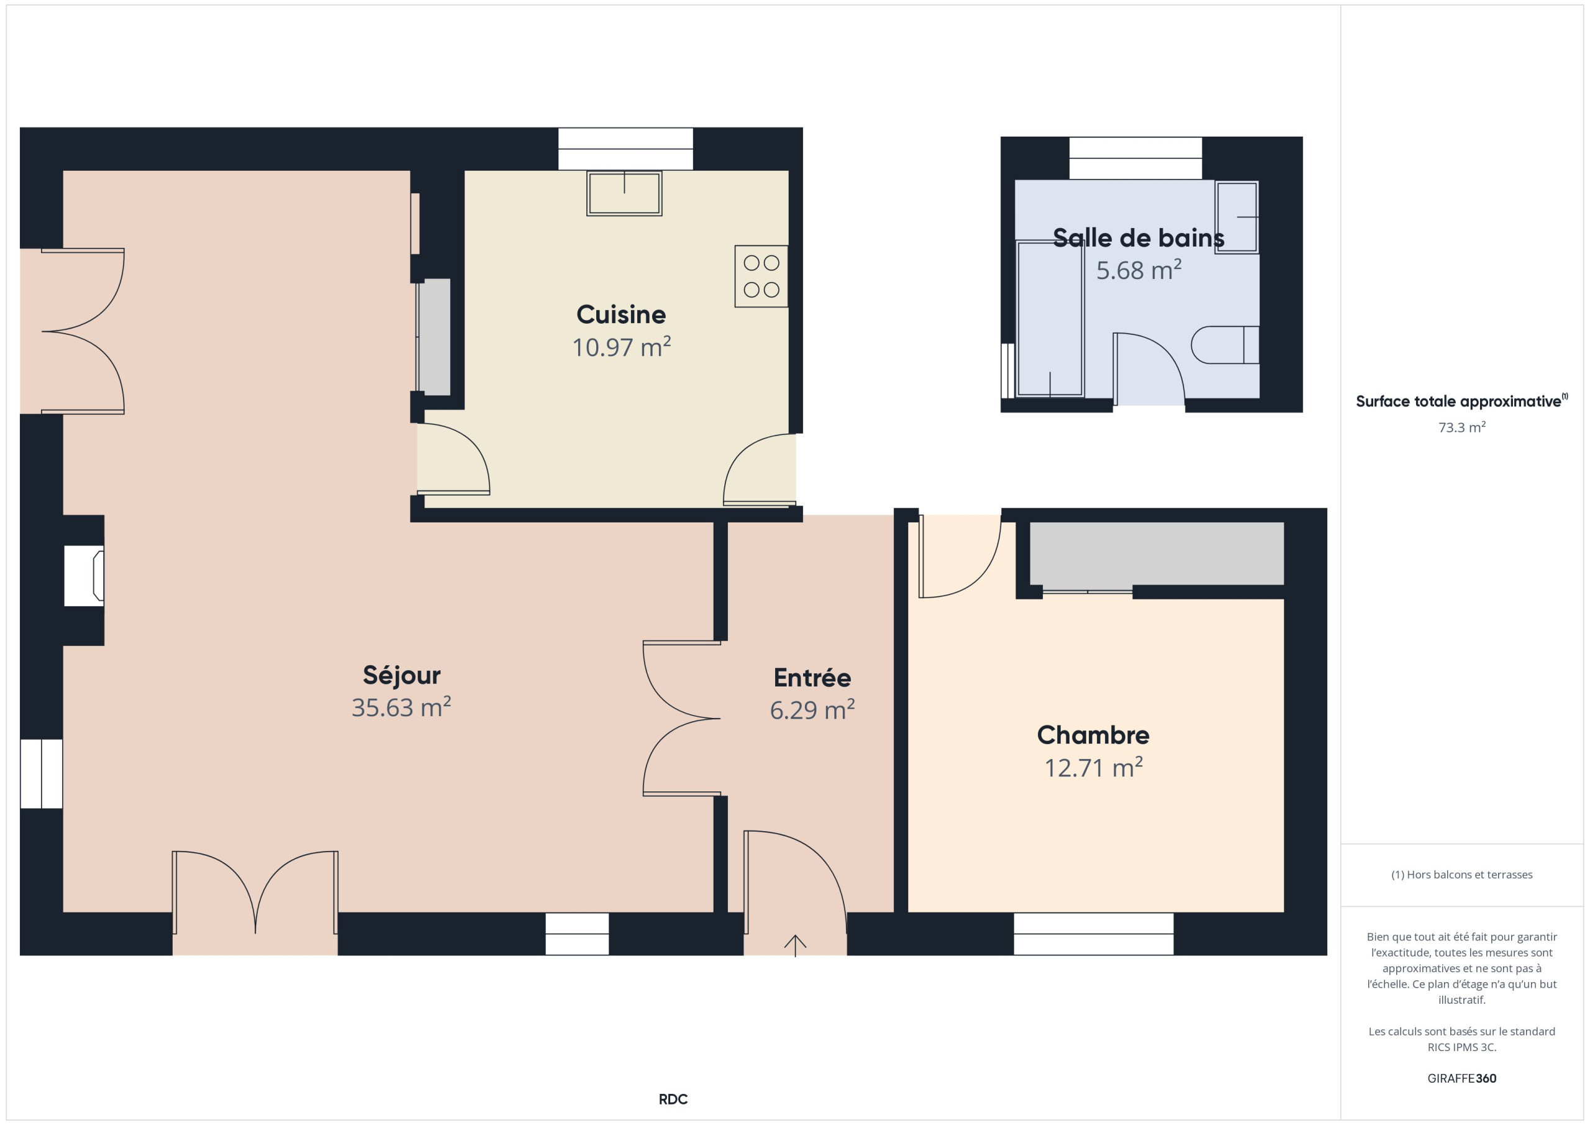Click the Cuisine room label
(621, 314)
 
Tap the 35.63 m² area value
(401, 708)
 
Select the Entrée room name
(812, 678)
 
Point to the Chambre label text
(1093, 735)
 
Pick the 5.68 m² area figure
(1138, 270)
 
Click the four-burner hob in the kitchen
(761, 276)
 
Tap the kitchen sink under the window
(624, 193)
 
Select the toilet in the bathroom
(1225, 345)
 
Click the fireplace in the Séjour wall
(84, 576)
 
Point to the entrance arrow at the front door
(795, 945)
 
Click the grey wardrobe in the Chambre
(1156, 553)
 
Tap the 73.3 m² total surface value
(1461, 427)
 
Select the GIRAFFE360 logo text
(1461, 1078)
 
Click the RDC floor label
(673, 1100)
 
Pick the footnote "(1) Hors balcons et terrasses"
(1461, 875)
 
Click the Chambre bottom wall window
(1094, 934)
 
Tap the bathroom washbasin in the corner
(1237, 217)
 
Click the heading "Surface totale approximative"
(1458, 401)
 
